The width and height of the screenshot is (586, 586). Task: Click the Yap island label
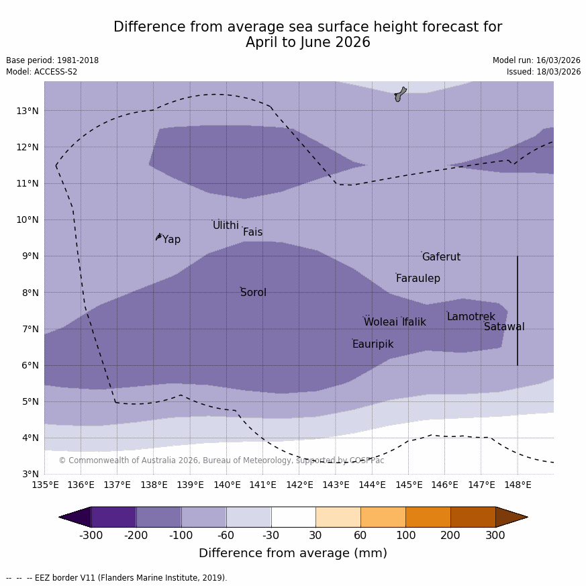(171, 240)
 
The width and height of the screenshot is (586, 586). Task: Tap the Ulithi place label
(226, 226)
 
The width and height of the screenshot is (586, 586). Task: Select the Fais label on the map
(252, 232)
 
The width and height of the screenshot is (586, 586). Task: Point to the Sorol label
(253, 293)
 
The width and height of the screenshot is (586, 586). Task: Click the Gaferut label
(441, 257)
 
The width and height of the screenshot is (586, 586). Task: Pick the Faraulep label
(418, 279)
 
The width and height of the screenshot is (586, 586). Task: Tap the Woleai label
(381, 322)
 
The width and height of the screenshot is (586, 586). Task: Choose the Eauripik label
(373, 344)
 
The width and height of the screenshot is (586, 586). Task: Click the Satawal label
(504, 327)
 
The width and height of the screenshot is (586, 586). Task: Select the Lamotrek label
(471, 317)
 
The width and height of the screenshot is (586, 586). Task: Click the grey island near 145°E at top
(400, 94)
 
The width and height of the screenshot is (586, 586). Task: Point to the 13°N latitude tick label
(27, 111)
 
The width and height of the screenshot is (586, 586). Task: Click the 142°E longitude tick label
(299, 485)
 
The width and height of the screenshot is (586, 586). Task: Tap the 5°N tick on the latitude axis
(30, 401)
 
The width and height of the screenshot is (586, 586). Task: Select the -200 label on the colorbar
(136, 535)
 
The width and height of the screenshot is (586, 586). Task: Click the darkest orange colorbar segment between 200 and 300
(473, 517)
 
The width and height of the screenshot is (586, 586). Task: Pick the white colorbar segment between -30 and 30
(293, 517)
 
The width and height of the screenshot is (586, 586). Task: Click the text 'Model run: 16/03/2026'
(536, 60)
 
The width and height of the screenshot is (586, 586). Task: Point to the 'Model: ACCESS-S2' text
(42, 72)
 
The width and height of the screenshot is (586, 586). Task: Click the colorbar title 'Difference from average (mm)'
(293, 553)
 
